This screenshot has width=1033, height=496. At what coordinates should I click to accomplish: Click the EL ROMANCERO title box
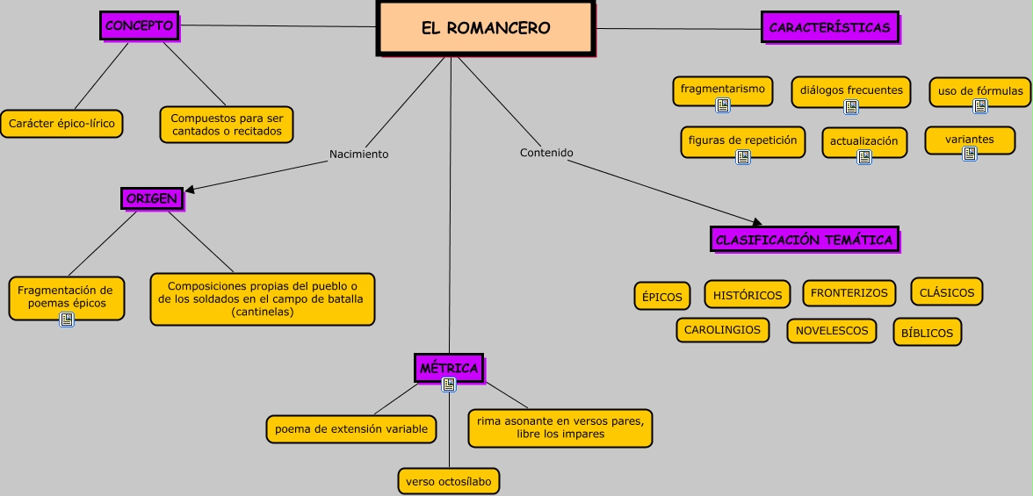[x=486, y=28]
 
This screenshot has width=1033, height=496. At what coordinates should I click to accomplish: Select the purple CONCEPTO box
[x=139, y=26]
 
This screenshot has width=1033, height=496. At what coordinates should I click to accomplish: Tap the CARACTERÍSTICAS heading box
[x=829, y=27]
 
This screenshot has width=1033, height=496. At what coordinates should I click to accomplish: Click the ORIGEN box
[x=152, y=198]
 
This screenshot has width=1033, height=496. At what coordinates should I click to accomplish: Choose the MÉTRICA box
[x=448, y=368]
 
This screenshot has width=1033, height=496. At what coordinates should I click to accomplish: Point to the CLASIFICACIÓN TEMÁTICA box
[x=804, y=240]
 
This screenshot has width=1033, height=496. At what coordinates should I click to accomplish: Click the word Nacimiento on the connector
[x=358, y=155]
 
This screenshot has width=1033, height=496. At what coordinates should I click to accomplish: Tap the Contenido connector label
[x=546, y=153]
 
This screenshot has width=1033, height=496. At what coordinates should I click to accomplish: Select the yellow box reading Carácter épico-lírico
[x=61, y=124]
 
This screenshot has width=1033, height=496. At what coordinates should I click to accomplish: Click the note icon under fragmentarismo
[x=723, y=105]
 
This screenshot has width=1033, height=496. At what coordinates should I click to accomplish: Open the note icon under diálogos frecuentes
[x=850, y=107]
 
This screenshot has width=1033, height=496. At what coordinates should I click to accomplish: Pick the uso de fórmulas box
[x=979, y=90]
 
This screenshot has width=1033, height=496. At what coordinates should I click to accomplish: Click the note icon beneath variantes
[x=969, y=154]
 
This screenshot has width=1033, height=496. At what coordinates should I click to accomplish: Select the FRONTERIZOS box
[x=849, y=293]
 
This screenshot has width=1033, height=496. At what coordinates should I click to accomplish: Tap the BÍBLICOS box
[x=927, y=333]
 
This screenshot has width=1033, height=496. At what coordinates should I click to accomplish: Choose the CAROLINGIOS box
[x=722, y=329]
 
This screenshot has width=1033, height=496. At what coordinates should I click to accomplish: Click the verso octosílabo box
[x=449, y=481]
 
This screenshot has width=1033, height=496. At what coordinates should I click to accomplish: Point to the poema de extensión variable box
[x=350, y=429]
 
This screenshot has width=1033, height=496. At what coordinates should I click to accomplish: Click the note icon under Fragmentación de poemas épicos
[x=66, y=320]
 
